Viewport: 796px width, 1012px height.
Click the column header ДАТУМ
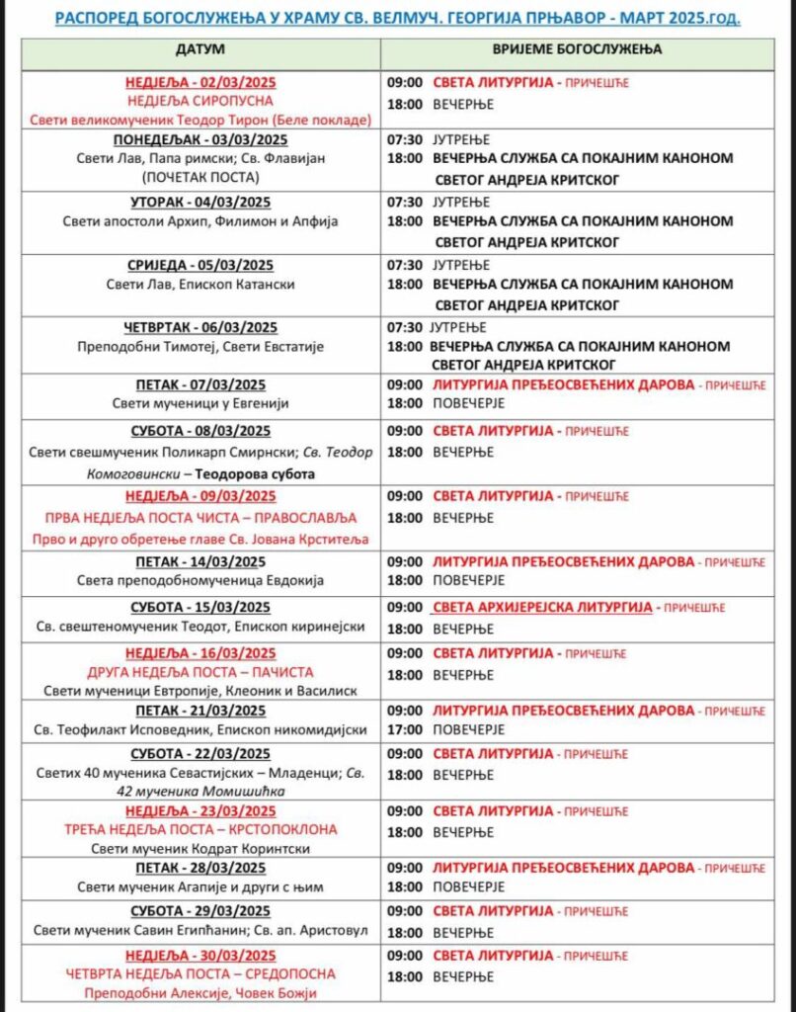[200, 48]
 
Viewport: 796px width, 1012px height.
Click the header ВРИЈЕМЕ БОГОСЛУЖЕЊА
[578, 48]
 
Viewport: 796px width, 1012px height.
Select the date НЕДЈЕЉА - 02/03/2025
[200, 83]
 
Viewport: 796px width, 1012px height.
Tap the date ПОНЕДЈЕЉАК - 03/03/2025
[200, 138]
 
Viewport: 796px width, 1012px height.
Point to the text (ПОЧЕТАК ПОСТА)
[200, 176]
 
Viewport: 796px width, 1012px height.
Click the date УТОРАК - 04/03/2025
[200, 203]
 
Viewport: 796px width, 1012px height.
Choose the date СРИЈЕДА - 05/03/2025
[200, 266]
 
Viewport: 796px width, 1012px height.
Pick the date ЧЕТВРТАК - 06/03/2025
[200, 328]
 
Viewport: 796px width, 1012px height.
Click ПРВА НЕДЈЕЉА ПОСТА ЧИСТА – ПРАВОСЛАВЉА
[200, 518]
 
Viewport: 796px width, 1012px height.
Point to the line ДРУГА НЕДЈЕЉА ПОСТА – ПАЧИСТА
[200, 672]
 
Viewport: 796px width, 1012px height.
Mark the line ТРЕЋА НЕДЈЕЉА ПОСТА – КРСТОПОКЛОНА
[200, 829]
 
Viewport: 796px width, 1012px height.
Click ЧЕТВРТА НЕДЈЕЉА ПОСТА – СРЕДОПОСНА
[200, 974]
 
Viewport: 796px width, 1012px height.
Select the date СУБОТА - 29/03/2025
[200, 910]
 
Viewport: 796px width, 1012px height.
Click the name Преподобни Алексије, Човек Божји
[200, 993]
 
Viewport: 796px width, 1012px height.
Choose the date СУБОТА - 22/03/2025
[200, 754]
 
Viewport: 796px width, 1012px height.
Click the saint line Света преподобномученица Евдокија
[200, 580]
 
